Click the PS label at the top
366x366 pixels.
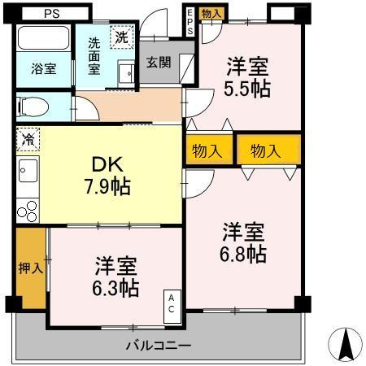click(51, 13)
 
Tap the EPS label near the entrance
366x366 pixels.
click(191, 22)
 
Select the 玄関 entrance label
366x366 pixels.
click(159, 62)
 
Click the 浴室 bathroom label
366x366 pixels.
click(44, 68)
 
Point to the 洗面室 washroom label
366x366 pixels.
click(94, 54)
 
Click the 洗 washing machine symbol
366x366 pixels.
click(120, 36)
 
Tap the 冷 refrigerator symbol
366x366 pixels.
click(26, 139)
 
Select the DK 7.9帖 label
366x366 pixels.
click(107, 174)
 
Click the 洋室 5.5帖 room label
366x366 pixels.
click(248, 77)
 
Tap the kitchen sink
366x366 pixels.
click(27, 173)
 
